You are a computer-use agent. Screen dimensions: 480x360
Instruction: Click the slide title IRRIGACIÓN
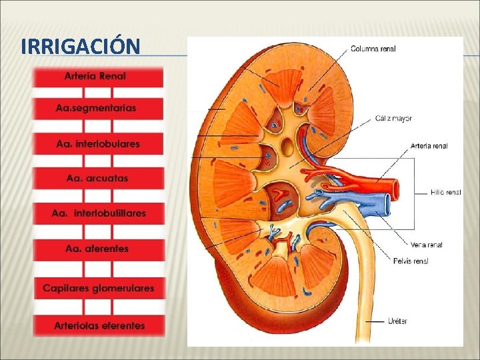(80, 47)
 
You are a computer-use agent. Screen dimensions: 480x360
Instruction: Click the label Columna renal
(373, 48)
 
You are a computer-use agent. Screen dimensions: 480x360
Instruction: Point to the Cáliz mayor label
(393, 119)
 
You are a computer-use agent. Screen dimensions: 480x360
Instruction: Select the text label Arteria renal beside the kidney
(429, 145)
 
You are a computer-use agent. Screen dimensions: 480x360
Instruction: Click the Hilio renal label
(445, 192)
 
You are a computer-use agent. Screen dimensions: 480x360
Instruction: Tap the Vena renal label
(427, 245)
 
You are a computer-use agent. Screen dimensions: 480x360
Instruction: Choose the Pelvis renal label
(411, 261)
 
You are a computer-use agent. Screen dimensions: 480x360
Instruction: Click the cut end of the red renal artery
(395, 189)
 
